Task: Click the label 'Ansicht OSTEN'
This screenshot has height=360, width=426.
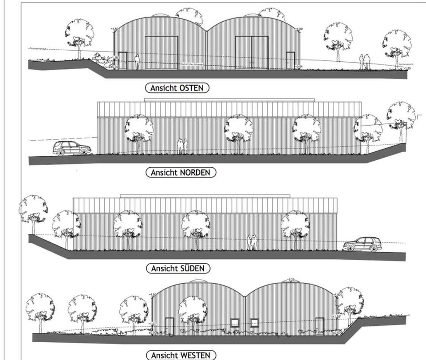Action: pyautogui.click(x=177, y=88)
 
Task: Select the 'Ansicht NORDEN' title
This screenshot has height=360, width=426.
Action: pyautogui.click(x=181, y=172)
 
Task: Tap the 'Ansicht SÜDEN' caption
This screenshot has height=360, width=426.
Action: pyautogui.click(x=177, y=268)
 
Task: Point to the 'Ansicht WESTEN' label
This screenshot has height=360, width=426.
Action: pyautogui.click(x=181, y=355)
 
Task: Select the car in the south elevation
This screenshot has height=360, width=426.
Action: pyautogui.click(x=363, y=245)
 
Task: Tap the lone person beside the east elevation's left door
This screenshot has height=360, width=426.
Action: pyautogui.click(x=137, y=62)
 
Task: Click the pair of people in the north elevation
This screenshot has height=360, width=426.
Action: pyautogui.click(x=182, y=146)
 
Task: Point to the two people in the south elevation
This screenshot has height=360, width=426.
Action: pyautogui.click(x=252, y=242)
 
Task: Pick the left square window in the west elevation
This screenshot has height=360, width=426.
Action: pyautogui.click(x=235, y=323)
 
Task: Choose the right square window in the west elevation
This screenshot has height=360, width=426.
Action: pyautogui.click(x=255, y=323)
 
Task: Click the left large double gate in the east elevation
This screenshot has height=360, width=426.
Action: pyautogui.click(x=162, y=53)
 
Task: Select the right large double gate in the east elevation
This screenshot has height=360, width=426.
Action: pyautogui.click(x=251, y=53)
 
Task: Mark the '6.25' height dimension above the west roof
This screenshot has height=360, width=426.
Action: pyautogui.click(x=291, y=279)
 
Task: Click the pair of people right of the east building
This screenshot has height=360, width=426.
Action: pyautogui.click(x=365, y=62)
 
